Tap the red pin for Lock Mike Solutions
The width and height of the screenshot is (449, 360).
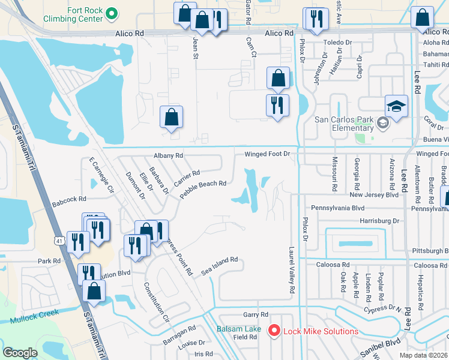tap(274, 331)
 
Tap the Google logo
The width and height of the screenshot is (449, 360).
tap(20, 353)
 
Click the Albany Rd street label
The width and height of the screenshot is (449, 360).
tap(168, 155)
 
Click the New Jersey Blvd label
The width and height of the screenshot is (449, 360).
tap(374, 195)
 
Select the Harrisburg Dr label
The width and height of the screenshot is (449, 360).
tap(379, 221)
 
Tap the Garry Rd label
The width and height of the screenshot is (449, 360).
tap(255, 314)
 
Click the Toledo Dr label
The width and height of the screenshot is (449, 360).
tap(338, 43)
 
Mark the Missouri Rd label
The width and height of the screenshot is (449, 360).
tap(334, 174)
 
